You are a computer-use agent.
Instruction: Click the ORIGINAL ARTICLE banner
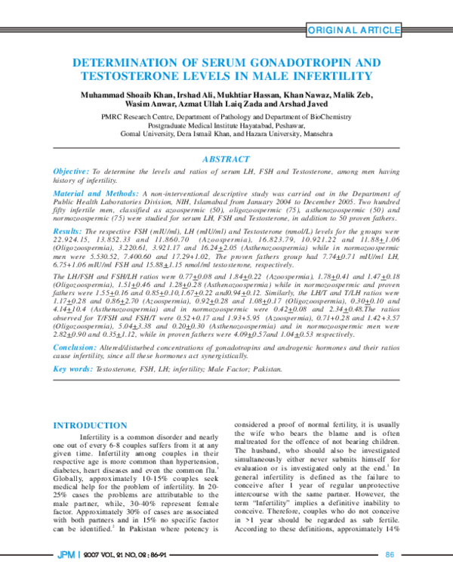point(352,29)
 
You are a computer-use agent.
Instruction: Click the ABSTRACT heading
point(226,159)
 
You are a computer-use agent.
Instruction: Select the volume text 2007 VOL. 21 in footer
point(98,576)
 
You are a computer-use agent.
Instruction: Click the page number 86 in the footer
point(390,576)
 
